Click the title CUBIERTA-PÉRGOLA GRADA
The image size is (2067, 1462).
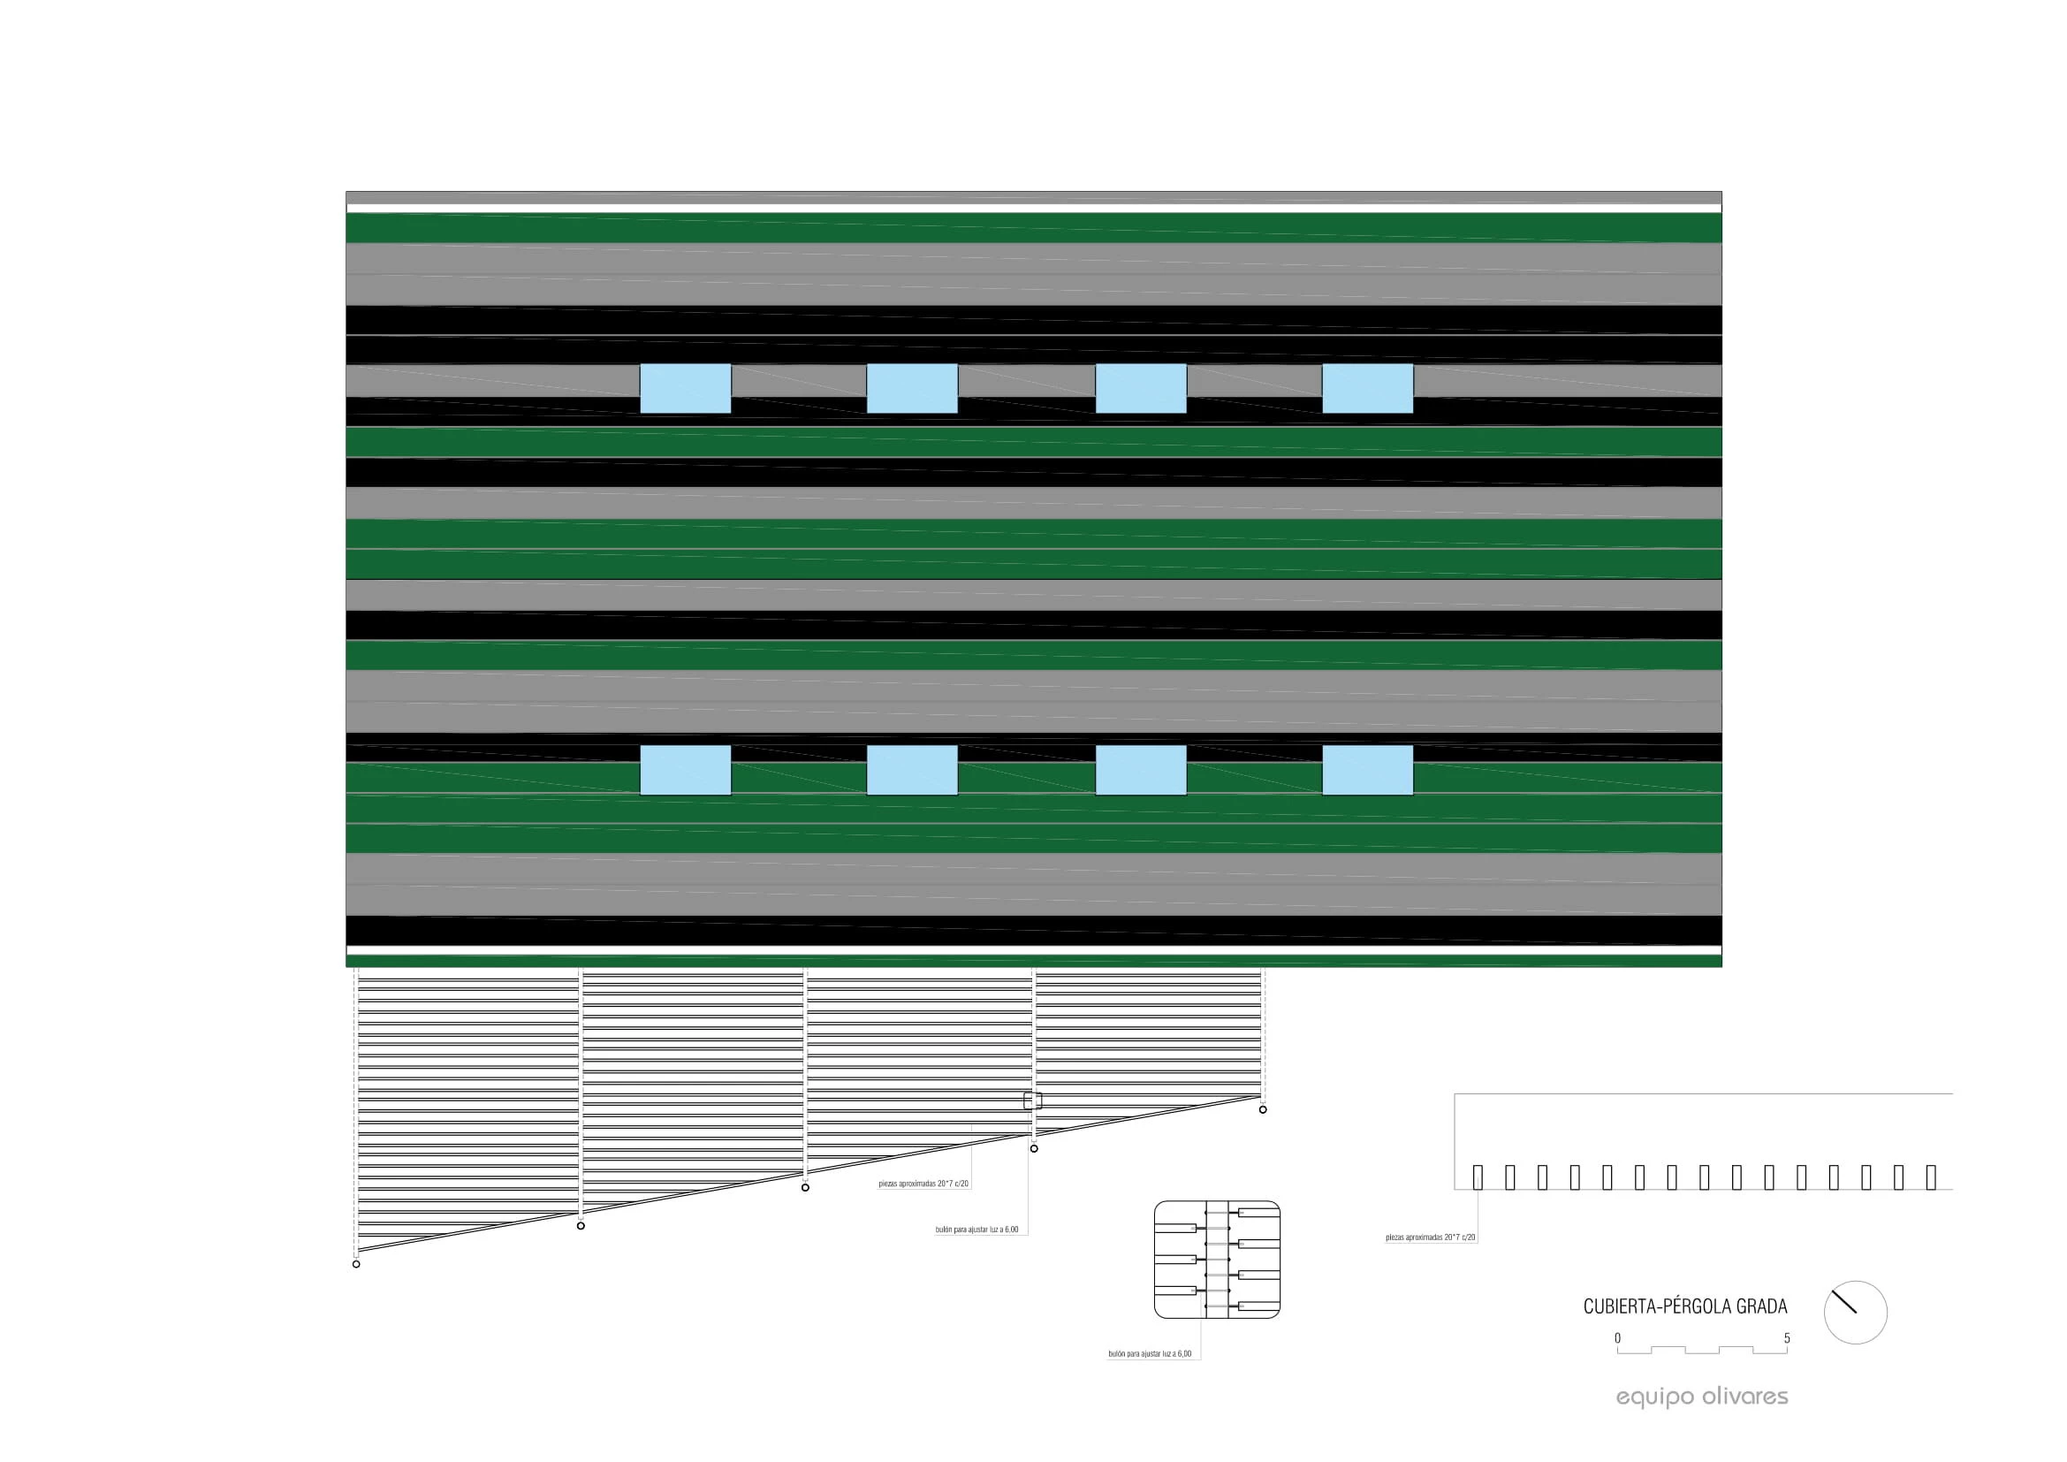point(1685,1306)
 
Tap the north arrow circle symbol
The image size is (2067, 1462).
point(1856,1313)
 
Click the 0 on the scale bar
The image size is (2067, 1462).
point(1617,1337)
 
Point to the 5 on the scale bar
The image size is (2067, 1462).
point(1787,1337)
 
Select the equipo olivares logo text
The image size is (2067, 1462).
point(1701,1397)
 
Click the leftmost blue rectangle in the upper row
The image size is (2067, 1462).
point(685,389)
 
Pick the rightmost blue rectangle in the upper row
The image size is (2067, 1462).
point(1367,389)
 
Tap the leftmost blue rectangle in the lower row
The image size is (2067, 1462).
point(685,770)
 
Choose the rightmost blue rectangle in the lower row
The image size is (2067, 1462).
point(1367,770)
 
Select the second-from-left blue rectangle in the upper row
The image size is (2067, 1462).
point(912,389)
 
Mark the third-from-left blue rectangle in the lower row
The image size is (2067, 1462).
point(1141,770)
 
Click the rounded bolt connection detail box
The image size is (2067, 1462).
point(1217,1260)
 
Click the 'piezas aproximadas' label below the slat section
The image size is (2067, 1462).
point(1431,1237)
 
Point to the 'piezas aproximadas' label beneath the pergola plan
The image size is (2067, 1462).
point(923,1184)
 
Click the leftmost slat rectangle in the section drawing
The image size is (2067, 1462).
point(1478,1176)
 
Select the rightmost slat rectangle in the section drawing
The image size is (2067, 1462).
point(1931,1176)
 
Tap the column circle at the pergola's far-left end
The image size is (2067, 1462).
point(356,1264)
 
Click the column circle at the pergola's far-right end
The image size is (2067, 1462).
point(1263,1109)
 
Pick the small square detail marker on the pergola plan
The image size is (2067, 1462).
point(1032,1100)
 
